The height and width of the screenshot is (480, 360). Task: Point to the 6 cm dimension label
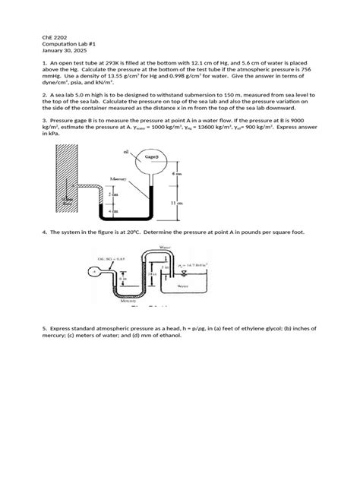click(177, 174)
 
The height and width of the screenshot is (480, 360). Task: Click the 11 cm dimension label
click(178, 203)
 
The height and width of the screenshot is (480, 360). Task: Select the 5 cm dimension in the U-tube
click(114, 194)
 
